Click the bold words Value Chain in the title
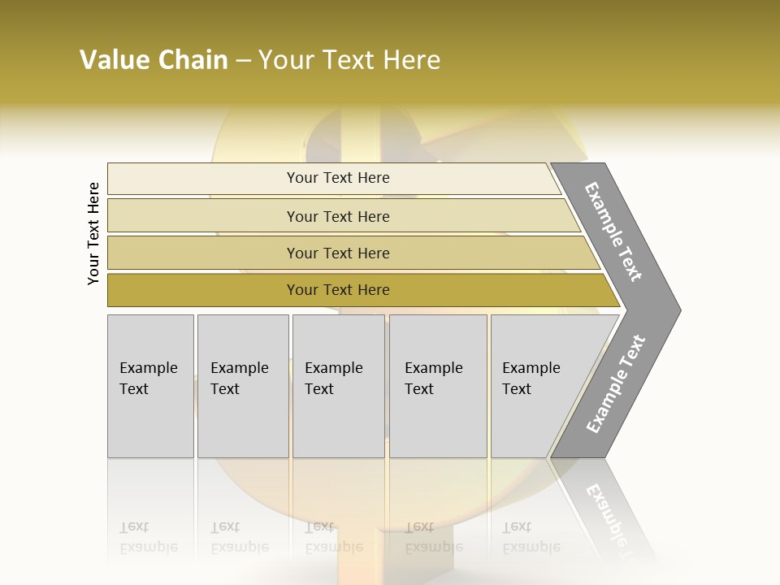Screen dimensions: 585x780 (x=154, y=60)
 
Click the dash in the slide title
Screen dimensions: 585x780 (x=243, y=60)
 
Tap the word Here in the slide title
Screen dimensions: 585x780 (x=410, y=60)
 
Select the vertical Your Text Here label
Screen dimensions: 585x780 (x=93, y=233)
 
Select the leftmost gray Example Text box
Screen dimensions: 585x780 (x=150, y=386)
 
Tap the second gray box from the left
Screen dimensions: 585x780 (x=243, y=386)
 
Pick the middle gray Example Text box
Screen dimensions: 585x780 (x=338, y=386)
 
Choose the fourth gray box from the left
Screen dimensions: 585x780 (x=438, y=386)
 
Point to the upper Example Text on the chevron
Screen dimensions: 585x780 (x=613, y=232)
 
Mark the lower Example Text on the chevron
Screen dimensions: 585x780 (x=615, y=383)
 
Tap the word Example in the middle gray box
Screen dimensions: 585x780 (x=333, y=368)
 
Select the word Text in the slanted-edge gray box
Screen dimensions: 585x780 (x=517, y=389)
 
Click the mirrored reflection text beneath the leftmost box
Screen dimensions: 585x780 (x=149, y=537)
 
